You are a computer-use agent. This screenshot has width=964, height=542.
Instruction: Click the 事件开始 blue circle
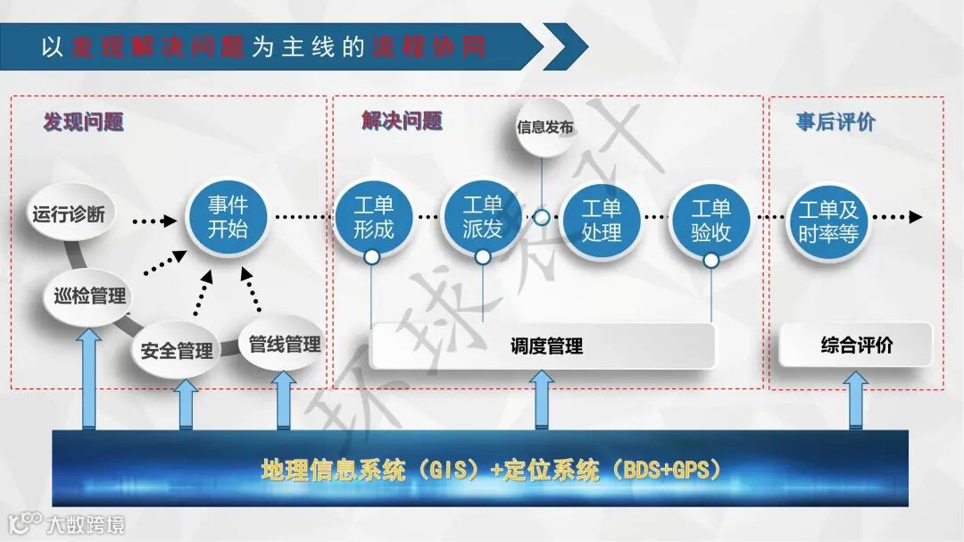[228, 217]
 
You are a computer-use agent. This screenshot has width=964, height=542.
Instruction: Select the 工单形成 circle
[373, 217]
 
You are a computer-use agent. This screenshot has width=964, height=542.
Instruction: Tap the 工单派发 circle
[483, 217]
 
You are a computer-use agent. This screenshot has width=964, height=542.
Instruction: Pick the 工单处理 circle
[601, 221]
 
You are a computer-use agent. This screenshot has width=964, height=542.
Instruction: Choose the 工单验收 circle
[711, 221]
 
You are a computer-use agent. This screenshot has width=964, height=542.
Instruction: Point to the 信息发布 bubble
[544, 128]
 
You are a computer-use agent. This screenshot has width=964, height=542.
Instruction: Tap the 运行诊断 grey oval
[70, 214]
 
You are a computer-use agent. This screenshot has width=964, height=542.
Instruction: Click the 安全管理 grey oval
[177, 350]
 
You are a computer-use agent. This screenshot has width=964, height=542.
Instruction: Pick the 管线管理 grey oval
[284, 344]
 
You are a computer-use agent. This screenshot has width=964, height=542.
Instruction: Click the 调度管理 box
[544, 346]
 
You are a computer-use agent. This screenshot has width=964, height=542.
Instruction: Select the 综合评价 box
[855, 345]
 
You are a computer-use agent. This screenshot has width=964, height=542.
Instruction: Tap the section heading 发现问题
[83, 122]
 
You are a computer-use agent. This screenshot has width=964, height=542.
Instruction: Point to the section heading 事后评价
[835, 122]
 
